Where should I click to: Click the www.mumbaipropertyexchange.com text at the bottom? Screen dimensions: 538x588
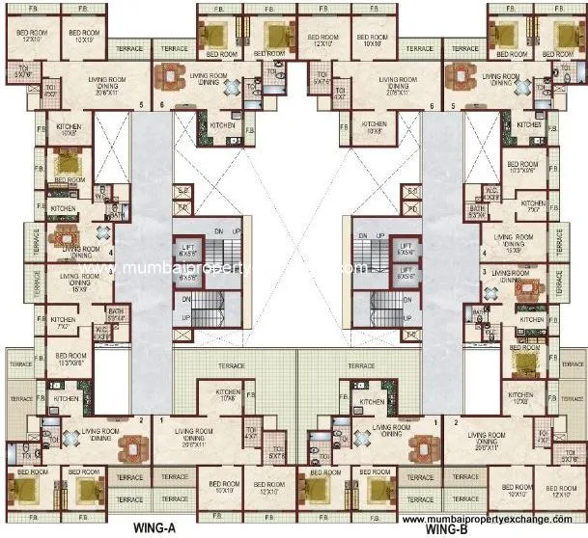tap(492, 519)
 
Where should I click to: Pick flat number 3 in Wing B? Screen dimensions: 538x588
tap(483, 273)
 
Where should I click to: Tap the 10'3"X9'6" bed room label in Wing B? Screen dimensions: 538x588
tap(521, 168)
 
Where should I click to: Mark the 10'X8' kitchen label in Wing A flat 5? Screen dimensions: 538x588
tap(68, 131)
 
